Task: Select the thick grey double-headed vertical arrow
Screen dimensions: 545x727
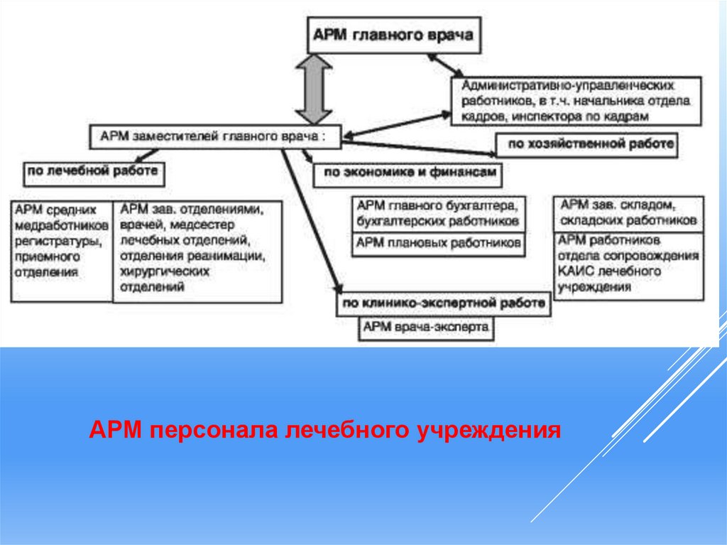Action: [314, 90]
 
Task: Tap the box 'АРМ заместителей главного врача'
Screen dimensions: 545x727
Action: [215, 137]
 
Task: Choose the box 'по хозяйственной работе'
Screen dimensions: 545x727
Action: [586, 144]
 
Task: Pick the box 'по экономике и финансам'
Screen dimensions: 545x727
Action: [408, 174]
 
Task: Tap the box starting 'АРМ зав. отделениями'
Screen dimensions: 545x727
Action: [197, 250]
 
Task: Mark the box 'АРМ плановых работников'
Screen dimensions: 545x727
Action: [439, 244]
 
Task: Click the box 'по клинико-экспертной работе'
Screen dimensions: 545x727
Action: [444, 304]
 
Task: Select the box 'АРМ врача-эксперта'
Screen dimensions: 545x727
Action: [426, 328]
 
